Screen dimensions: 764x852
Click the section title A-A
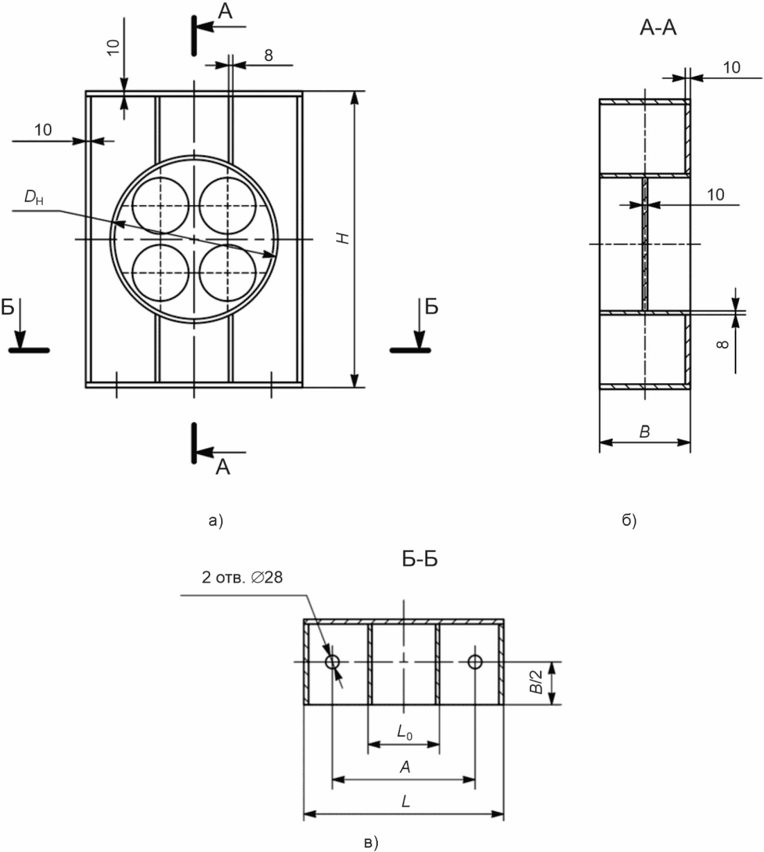point(658,28)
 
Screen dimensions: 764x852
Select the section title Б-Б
point(419,559)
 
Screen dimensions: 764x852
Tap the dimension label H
point(344,238)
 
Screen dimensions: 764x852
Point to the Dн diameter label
point(34,197)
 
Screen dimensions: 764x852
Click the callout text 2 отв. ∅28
point(242,578)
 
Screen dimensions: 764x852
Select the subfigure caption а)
point(216,521)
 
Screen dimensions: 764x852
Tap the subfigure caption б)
point(629,521)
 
